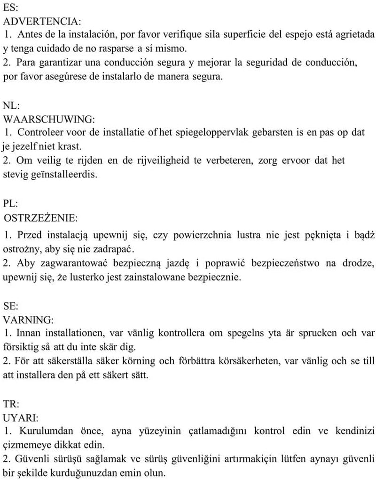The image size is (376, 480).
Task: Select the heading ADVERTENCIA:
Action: pyautogui.click(x=41, y=22)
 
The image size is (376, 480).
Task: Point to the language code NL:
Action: pyautogui.click(x=10, y=105)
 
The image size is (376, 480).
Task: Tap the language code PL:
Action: pyautogui.click(x=10, y=204)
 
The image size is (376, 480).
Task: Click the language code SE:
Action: pyautogui.click(x=10, y=306)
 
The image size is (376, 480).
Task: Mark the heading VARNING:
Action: pyautogui.click(x=28, y=320)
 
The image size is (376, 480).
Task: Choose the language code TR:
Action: pyautogui.click(x=11, y=403)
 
